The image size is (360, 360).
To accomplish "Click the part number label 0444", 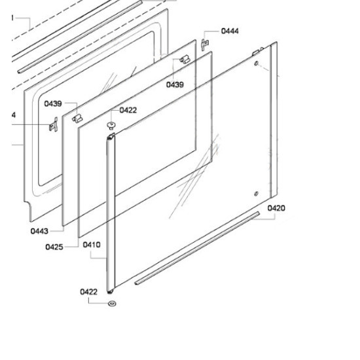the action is pos(230,31).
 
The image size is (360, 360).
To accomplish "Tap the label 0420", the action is pos(276,208).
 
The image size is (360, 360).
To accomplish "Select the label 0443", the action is pos(39,231).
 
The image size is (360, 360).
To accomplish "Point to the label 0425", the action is pos(54,247).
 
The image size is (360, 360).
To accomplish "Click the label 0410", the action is pos(92,245).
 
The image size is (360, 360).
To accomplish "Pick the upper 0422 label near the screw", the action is pos(128,110).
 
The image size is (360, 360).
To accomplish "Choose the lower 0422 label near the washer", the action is pos(88,292).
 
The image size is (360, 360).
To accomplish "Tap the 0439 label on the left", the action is pos(53,104).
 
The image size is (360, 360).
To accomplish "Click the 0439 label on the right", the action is pos(175,84).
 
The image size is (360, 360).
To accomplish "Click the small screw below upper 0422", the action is pos(111,126).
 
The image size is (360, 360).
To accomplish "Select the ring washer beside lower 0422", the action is pos(112,304).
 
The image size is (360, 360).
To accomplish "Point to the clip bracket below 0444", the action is pos(205,45).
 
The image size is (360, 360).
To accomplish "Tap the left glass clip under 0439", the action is pos(77,118).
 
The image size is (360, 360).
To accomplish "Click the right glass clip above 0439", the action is pos(185,60).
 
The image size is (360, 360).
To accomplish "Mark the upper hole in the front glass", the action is pos(256,63).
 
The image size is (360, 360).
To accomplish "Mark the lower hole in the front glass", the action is pos(256,194).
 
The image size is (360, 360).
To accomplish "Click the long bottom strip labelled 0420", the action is pos(197,248).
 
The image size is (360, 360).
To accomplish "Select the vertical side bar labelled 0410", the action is pos(111,213).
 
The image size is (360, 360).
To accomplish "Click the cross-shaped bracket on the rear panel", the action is pos(54,124).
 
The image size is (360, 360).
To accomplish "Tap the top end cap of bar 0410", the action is pos(111,136).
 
